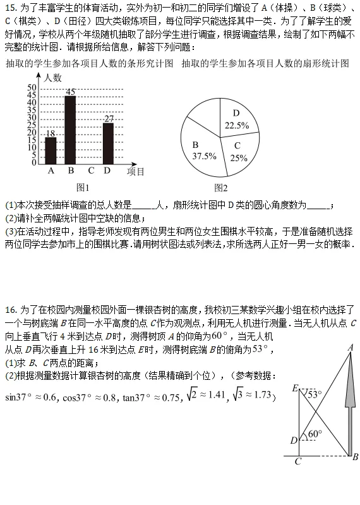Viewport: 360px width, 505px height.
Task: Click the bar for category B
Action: click(70, 129)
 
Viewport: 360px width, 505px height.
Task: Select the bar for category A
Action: click(51, 150)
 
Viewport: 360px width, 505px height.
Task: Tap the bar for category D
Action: click(108, 142)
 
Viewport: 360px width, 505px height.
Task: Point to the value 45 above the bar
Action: click(70, 92)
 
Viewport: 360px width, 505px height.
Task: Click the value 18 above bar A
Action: click(51, 133)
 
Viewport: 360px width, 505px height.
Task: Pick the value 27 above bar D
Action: click(109, 118)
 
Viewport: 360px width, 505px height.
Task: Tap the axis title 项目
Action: click(136, 171)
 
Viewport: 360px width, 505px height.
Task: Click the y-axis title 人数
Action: click(54, 77)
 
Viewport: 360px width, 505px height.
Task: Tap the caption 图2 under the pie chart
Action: click(221, 187)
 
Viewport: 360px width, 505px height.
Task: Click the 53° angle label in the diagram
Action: click(314, 393)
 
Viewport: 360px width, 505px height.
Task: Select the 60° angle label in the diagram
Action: click(314, 434)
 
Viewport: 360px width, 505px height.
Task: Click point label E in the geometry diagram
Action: click(295, 388)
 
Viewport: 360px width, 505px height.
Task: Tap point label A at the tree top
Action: click(350, 347)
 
